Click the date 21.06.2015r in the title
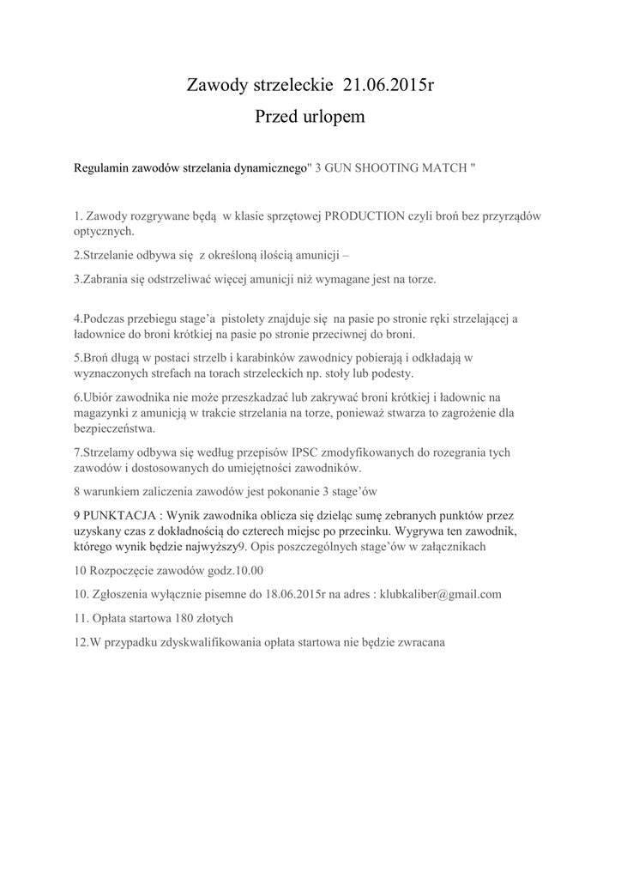point(389,85)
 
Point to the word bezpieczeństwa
point(114,428)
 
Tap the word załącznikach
point(455,547)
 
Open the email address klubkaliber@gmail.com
point(440,594)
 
